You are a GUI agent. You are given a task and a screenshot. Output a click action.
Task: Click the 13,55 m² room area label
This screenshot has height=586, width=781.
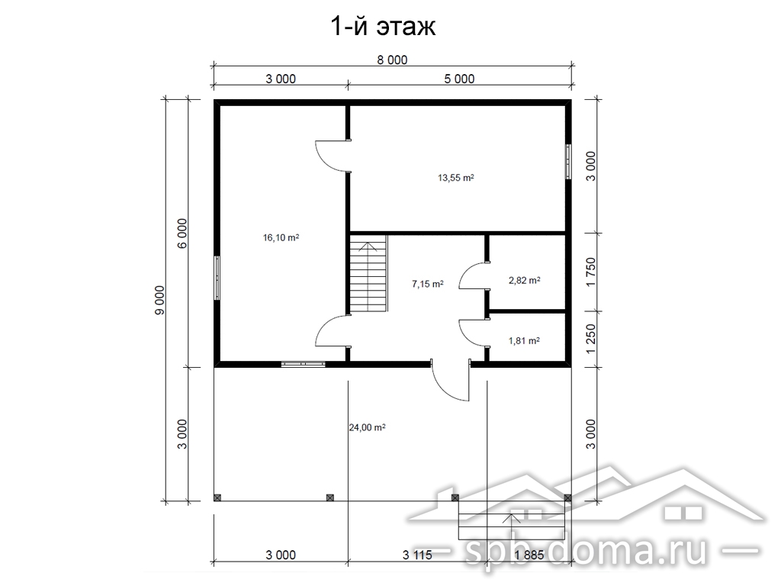(456, 177)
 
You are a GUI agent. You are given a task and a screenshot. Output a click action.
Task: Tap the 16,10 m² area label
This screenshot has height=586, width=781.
(281, 238)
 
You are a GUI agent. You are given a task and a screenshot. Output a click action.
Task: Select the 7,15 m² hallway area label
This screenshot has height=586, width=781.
(427, 284)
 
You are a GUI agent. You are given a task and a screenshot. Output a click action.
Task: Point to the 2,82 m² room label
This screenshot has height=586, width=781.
(525, 281)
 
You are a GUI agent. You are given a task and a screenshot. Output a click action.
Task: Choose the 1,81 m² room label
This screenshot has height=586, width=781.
(524, 341)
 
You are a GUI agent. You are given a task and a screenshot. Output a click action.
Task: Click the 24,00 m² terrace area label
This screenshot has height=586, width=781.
(367, 427)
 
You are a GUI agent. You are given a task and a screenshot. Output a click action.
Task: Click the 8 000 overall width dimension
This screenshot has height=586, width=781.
(392, 60)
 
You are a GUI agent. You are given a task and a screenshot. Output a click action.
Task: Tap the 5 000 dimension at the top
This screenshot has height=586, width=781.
(459, 79)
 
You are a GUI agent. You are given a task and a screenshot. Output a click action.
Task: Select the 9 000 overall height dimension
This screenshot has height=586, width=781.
(159, 300)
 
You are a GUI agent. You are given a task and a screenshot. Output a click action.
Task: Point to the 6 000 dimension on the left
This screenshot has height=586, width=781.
(182, 233)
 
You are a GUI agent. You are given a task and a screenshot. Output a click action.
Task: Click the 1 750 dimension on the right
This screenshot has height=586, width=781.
(591, 272)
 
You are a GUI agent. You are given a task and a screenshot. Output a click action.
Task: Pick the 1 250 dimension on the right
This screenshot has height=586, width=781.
(591, 339)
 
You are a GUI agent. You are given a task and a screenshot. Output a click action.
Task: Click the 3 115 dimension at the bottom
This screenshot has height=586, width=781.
(417, 555)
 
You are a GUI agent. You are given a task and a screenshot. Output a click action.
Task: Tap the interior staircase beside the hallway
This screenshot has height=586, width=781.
(368, 274)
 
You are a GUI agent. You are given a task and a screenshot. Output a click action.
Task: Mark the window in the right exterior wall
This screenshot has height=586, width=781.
(568, 161)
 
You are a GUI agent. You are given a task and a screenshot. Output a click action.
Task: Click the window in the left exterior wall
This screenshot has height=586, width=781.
(217, 278)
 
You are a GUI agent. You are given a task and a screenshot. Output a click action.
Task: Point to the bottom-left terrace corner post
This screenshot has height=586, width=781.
(217, 497)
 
